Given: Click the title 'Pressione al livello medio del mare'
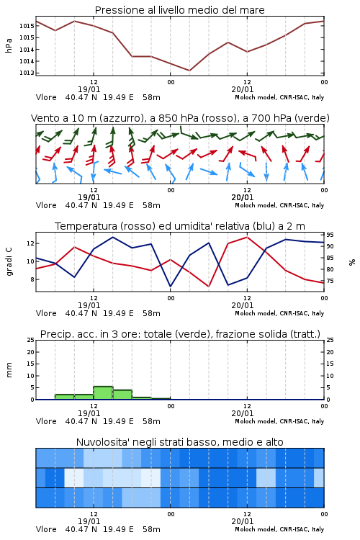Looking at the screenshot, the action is tap(179, 10).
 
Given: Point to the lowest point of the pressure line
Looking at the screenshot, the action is tap(189, 71).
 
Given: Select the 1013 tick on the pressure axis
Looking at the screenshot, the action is tap(27, 73).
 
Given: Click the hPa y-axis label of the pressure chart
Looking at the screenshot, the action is tap(9, 45).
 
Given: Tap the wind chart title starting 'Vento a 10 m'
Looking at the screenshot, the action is tap(180, 118).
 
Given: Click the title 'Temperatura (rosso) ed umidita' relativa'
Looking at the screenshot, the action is tap(179, 226).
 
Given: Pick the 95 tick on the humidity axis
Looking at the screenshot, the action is tap(330, 235).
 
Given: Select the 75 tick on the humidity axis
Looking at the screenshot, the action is tap(330, 281).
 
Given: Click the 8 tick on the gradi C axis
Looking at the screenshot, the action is tap(32, 279).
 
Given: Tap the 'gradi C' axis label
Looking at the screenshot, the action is tap(9, 262).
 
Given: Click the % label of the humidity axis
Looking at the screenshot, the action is tap(352, 262).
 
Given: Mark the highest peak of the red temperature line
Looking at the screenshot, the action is tap(247, 237).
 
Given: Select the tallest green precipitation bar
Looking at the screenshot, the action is tap(103, 393).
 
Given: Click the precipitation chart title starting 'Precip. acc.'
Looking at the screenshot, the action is tap(180, 334).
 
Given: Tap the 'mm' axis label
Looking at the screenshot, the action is tap(9, 370).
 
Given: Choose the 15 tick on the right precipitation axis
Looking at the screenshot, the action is tap(330, 364).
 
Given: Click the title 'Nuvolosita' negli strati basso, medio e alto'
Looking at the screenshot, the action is tap(179, 442).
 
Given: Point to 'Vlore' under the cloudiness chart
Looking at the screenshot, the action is tap(46, 529).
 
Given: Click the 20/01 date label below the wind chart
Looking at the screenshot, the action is tap(243, 197).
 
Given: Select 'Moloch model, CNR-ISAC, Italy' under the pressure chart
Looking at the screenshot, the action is tap(279, 97).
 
